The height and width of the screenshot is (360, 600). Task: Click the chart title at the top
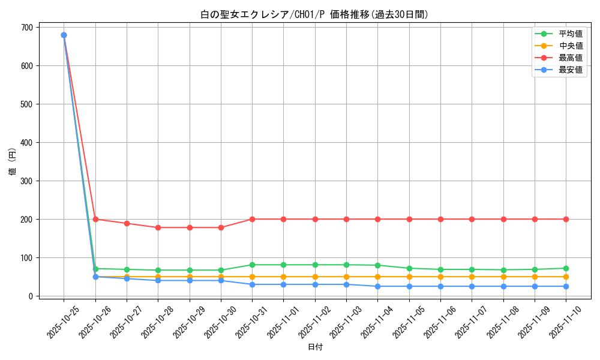(x=314, y=14)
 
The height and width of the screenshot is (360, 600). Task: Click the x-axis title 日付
(x=315, y=347)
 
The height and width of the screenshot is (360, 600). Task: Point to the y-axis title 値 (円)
(x=13, y=161)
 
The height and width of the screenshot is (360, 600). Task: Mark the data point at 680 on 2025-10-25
(x=64, y=35)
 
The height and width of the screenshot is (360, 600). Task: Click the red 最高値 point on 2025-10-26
(x=95, y=219)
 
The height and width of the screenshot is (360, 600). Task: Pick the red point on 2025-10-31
(x=252, y=219)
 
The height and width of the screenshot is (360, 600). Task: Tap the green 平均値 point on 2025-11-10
(x=566, y=268)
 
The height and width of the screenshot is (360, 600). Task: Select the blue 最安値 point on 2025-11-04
(x=377, y=286)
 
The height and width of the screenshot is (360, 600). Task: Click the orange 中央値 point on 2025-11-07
(x=472, y=277)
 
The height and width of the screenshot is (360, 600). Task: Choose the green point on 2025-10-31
(x=252, y=265)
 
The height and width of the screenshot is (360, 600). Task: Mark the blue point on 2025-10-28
(x=158, y=280)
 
